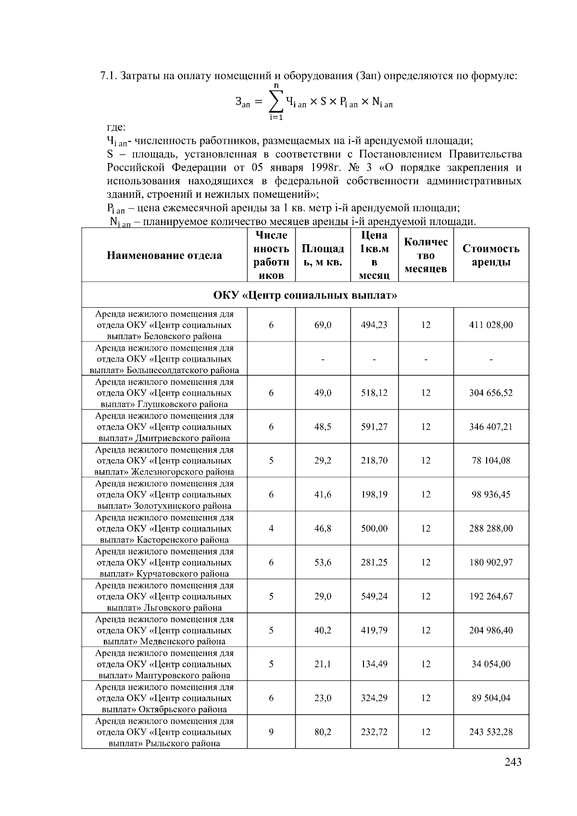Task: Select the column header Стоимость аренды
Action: [x=491, y=255]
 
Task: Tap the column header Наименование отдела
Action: [x=164, y=255]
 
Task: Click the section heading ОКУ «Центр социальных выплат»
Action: [x=305, y=295]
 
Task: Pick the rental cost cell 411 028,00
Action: [x=491, y=325]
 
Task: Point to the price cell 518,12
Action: [x=374, y=393]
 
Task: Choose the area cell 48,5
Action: [x=323, y=427]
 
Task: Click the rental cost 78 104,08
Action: [x=491, y=461]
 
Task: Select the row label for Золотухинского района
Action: [x=164, y=495]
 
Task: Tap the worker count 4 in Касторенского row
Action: [x=271, y=528]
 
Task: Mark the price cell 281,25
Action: [x=374, y=563]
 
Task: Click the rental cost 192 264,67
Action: [x=491, y=596]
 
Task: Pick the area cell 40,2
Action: [x=323, y=630]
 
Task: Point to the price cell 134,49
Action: [x=374, y=664]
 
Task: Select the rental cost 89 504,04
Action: [x=491, y=698]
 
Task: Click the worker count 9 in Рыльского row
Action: [x=271, y=732]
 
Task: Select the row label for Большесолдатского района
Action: [x=164, y=359]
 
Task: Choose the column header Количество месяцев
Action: [x=426, y=255]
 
